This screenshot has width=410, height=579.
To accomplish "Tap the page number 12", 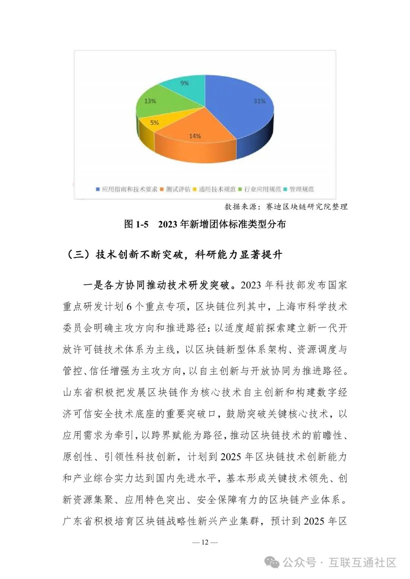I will click(205, 542).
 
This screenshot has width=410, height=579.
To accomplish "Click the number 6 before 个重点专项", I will click(129, 307).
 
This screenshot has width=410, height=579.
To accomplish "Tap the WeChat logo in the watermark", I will click(272, 562).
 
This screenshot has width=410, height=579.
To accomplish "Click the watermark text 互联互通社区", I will click(363, 562).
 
